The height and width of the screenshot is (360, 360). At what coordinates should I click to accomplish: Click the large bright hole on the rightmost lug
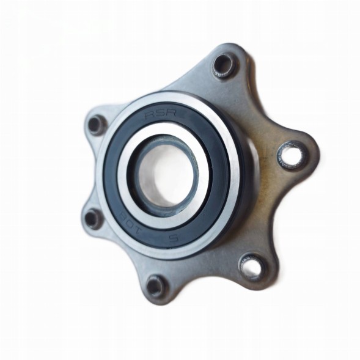(290, 155)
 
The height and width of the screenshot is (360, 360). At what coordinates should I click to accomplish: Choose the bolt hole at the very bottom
(156, 284)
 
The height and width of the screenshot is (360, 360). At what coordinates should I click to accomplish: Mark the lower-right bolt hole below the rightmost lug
(250, 266)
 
